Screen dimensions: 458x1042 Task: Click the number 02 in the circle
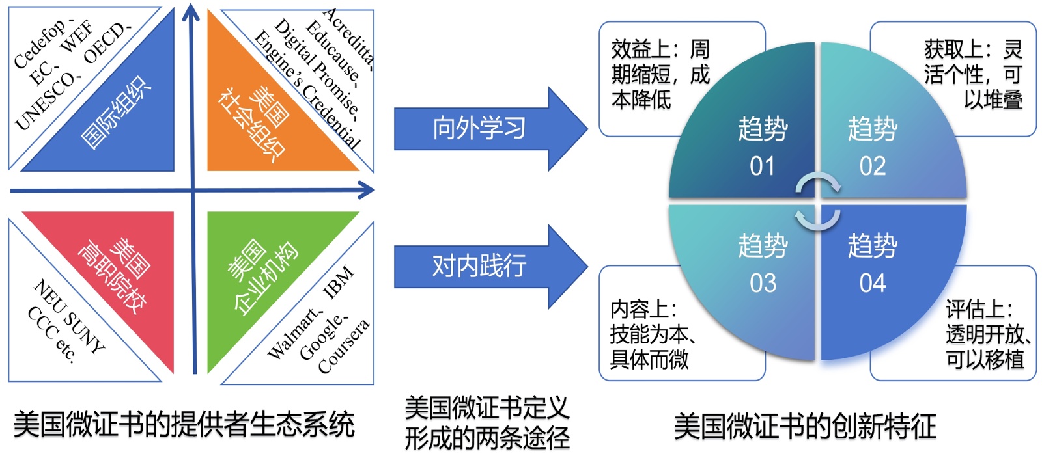pos(872,167)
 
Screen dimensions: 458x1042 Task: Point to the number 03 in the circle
pos(763,284)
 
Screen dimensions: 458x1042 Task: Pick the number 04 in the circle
pos(872,284)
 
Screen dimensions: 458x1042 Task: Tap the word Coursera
pos(344,347)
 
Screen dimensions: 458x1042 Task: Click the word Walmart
pos(294,334)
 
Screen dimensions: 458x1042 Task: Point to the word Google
pos(322,337)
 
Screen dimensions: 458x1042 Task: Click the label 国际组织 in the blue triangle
pos(116,113)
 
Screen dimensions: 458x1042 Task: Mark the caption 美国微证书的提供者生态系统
pos(184,424)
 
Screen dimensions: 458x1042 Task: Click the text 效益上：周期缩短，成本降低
pos(659,74)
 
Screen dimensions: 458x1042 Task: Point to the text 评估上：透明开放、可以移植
pos(986,334)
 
